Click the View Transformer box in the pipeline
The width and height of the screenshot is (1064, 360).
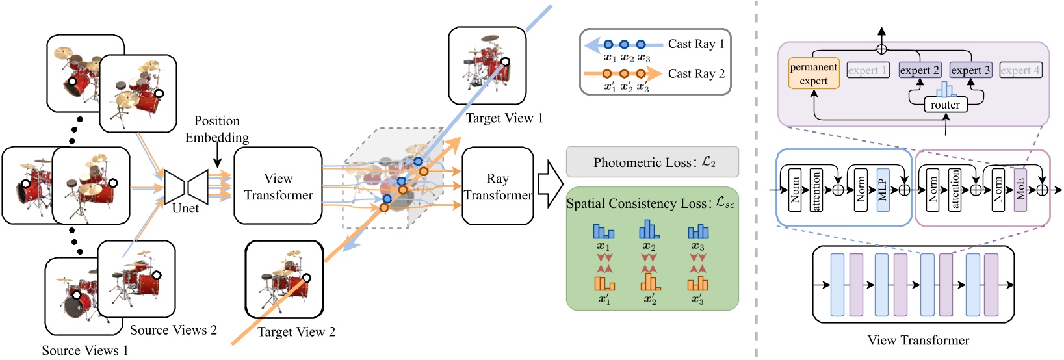278,186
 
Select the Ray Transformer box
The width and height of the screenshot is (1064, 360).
498,186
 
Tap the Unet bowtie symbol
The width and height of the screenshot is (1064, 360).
187,186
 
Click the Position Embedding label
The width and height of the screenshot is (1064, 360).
217,129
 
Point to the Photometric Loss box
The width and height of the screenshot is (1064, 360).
653,162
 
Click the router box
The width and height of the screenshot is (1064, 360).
945,105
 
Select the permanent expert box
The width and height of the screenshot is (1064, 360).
814,74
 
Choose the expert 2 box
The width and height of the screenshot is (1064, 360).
919,70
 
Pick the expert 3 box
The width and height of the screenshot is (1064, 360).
970,70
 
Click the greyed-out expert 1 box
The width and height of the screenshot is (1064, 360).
868,70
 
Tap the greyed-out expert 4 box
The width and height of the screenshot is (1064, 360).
1020,70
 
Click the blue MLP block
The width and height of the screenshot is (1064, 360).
883,190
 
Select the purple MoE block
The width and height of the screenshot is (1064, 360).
1020,190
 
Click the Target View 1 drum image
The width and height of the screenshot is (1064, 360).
487,66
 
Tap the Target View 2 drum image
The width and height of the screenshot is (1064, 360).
284,279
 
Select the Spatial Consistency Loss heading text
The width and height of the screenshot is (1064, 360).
651,203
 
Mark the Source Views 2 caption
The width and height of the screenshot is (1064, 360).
174,330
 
